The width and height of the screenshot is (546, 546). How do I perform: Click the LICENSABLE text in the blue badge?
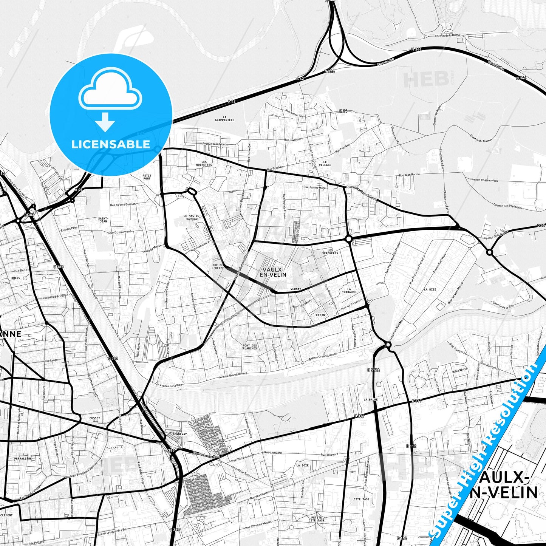click(111, 144)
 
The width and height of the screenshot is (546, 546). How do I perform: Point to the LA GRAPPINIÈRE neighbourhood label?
click(224, 119)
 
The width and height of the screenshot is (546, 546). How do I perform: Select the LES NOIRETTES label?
click(204, 163)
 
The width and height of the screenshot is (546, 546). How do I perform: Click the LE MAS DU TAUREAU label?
click(191, 217)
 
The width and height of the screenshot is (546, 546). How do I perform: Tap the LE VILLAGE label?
click(325, 163)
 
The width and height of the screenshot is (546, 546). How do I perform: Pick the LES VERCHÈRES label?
click(330, 252)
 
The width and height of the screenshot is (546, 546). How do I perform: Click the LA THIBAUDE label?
click(349, 290)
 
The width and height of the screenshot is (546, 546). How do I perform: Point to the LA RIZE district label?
click(430, 289)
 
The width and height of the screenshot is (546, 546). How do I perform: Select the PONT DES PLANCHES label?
click(250, 347)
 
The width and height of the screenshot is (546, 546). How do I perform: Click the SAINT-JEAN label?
click(103, 220)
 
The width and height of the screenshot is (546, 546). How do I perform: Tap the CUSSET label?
click(95, 418)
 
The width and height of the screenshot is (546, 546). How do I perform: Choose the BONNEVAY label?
click(179, 434)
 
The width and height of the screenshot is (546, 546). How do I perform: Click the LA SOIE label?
click(303, 466)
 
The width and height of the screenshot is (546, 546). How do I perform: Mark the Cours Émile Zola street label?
click(206, 455)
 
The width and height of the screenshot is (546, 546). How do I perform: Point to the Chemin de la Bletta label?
click(448, 36)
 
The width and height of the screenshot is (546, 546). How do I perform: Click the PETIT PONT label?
click(147, 177)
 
